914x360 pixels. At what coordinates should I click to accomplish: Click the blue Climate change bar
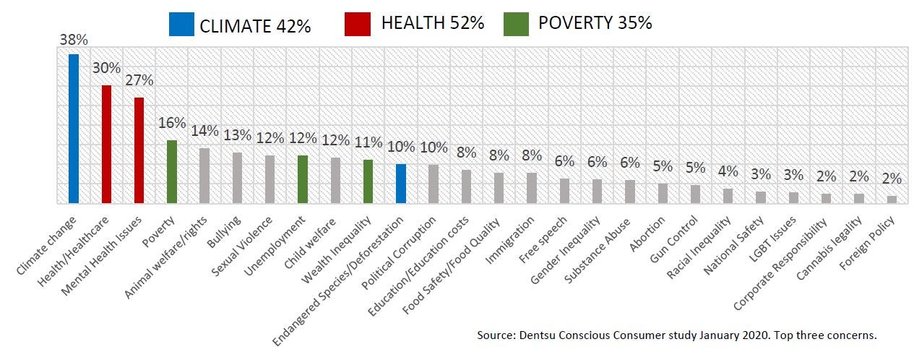tap(74, 129)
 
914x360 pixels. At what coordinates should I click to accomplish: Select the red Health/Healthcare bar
tap(106, 145)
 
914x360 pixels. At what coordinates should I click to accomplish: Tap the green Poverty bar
tap(172, 171)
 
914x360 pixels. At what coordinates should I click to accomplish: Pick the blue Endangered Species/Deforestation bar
tap(401, 184)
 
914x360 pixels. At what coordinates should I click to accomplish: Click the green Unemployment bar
tap(303, 179)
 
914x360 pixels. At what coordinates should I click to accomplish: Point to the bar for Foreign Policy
tap(892, 200)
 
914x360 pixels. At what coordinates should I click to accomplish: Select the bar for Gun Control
tap(695, 194)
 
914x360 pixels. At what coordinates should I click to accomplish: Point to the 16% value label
tap(173, 124)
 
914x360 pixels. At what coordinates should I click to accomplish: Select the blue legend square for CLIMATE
tap(181, 24)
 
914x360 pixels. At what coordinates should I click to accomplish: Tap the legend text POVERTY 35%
tap(595, 24)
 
